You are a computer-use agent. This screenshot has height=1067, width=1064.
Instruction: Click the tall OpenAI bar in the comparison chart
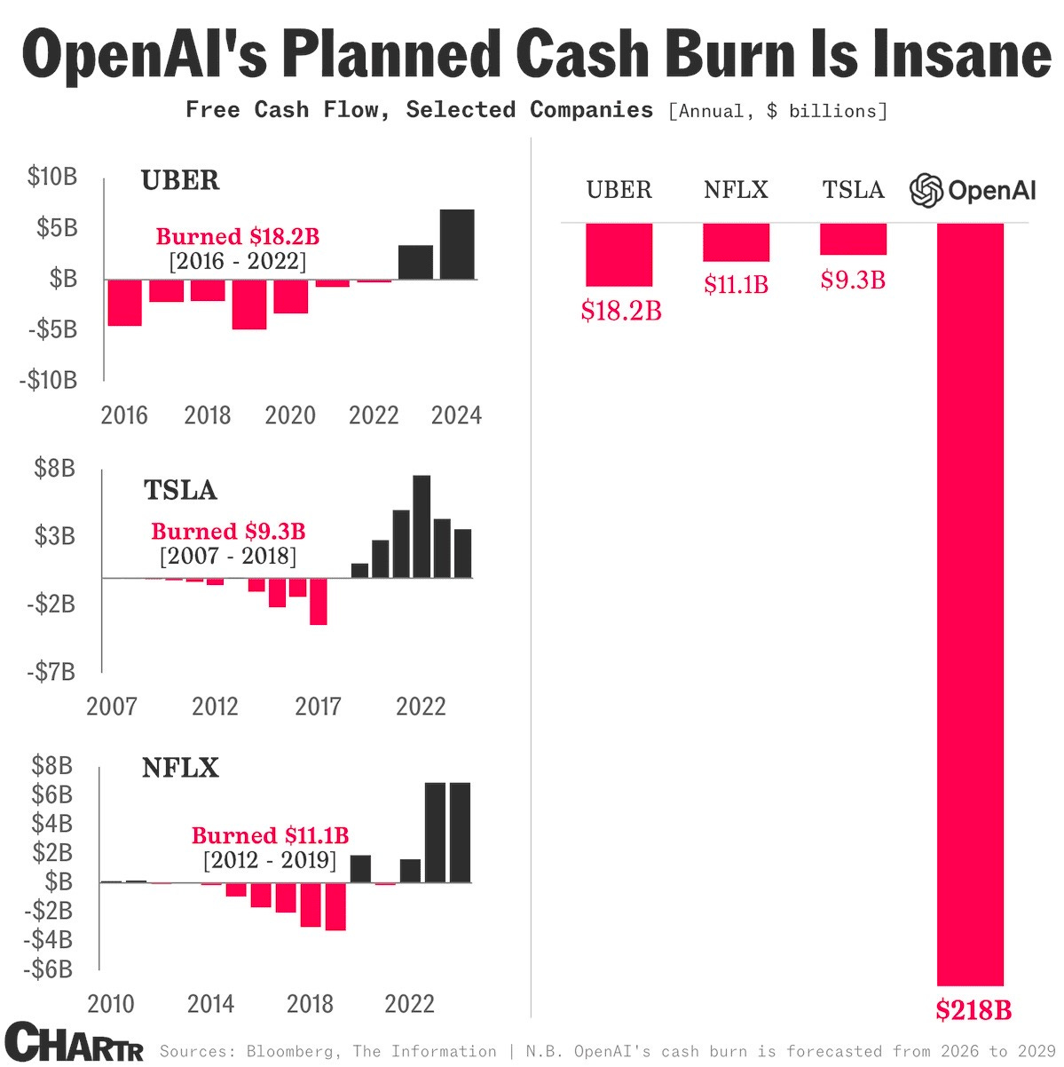[970, 604]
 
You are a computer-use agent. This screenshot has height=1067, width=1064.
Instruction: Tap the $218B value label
[973, 1010]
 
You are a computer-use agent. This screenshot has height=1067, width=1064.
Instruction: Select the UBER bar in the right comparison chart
[619, 255]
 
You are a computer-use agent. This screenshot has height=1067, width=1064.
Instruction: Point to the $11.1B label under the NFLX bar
[736, 285]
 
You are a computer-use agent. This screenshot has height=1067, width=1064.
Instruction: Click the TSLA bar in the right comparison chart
[853, 240]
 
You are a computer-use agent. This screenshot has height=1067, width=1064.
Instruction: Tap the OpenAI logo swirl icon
[926, 190]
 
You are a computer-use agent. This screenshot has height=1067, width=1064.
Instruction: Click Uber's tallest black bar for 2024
[457, 244]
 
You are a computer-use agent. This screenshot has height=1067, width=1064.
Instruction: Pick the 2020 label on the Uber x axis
[290, 415]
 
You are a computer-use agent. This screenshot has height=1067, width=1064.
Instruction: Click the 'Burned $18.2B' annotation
[237, 237]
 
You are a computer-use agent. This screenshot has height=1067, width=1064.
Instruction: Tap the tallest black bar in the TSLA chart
[422, 526]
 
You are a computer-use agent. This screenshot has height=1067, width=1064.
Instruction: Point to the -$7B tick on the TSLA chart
[51, 672]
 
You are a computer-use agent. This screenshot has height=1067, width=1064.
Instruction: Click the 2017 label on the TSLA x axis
[318, 707]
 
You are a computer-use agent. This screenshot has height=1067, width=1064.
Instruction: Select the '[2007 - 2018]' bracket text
[228, 557]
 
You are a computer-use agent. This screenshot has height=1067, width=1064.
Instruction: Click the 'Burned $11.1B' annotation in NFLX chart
[270, 835]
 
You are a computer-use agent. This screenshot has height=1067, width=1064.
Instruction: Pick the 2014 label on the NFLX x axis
[210, 1004]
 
